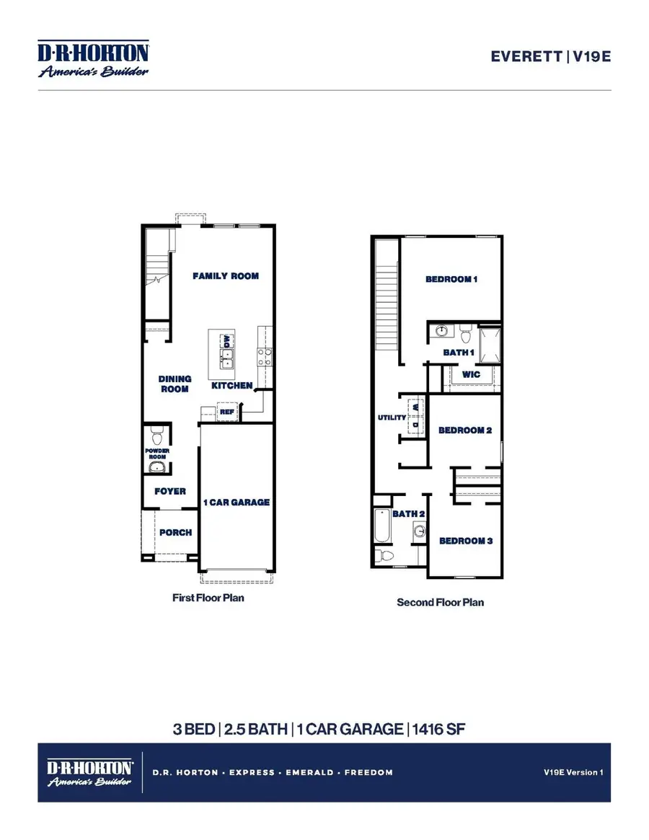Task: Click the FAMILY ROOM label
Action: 225,275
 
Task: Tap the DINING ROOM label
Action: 175,384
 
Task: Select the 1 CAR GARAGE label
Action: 236,502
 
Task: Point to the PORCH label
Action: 175,532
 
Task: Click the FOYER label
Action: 170,491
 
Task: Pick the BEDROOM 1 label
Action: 451,279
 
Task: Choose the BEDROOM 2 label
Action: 465,430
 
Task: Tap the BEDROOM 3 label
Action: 465,541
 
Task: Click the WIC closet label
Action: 471,375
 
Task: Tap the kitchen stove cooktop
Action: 265,355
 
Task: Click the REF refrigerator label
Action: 227,412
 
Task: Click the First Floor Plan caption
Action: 208,598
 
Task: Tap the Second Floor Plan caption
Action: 440,601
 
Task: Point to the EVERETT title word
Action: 526,56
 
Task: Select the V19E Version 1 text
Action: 573,772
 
